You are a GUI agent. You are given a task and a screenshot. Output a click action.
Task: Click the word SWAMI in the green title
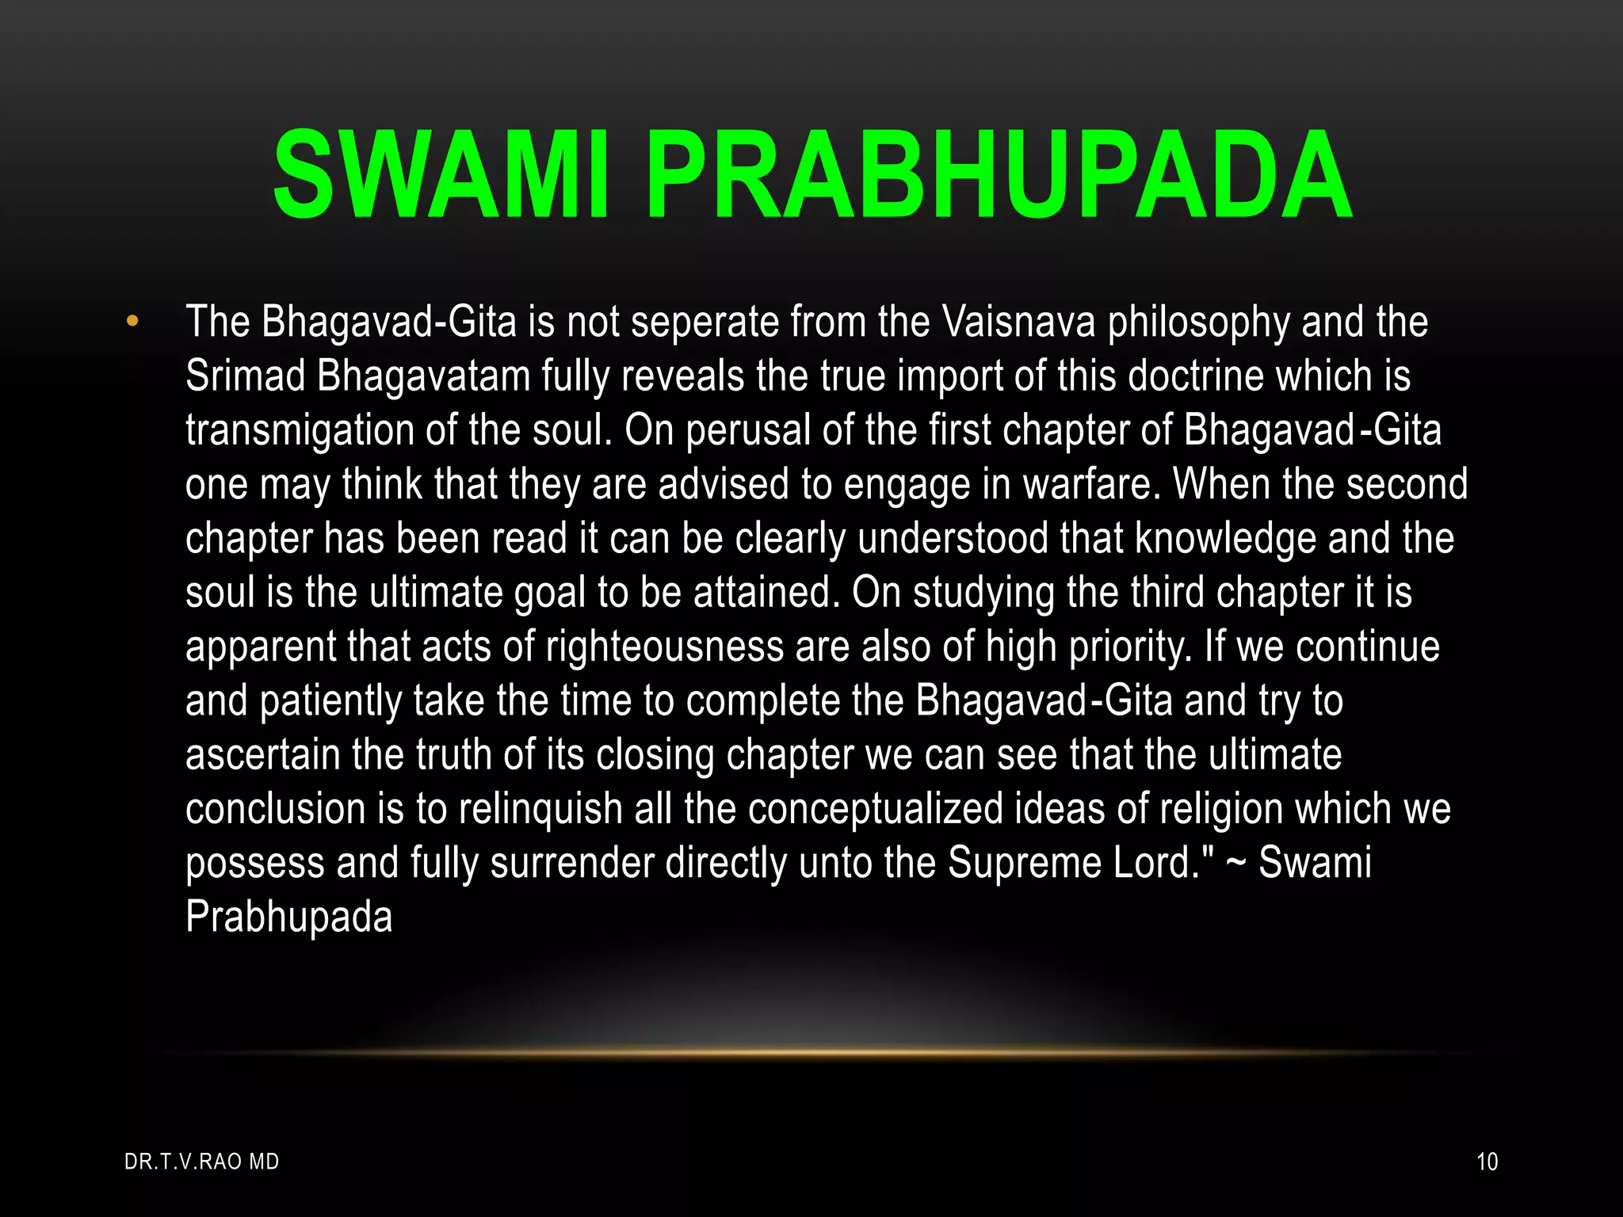coord(441,175)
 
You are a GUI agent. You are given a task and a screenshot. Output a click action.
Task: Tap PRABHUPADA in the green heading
coord(999,175)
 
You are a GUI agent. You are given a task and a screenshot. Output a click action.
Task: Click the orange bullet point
coord(132,322)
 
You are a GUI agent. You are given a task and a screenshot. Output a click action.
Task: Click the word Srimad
coord(245,376)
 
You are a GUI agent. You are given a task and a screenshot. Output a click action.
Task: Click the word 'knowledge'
coord(1225,539)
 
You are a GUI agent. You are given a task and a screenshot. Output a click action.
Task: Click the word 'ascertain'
coord(262,755)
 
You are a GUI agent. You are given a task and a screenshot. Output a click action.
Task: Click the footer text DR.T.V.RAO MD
coord(202,1162)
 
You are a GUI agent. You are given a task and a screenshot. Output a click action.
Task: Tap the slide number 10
coord(1487,1162)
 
